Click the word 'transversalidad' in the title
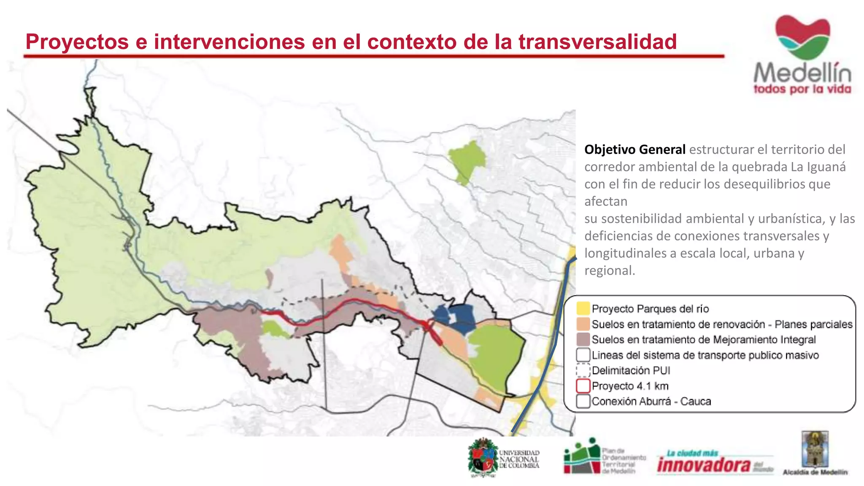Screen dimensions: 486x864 [x=597, y=42]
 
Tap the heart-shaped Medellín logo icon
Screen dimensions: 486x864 [x=802, y=37]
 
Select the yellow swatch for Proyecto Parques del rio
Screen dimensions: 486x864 [x=583, y=308]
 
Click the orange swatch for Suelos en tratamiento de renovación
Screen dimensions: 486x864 [x=583, y=324]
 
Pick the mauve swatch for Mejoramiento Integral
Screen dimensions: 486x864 [x=583, y=339]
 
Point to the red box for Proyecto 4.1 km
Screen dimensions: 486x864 [x=583, y=386]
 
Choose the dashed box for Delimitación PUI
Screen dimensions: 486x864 [x=583, y=370]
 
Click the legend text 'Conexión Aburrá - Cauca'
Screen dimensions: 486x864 [x=651, y=401]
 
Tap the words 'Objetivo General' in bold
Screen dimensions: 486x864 [x=634, y=149]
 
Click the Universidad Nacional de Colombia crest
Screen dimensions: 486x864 [x=483, y=458]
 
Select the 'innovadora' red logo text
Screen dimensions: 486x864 [x=704, y=465]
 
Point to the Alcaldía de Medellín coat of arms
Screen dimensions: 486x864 [x=815, y=449]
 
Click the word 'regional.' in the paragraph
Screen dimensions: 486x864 [x=610, y=270]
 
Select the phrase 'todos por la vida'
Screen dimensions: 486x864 [x=802, y=89]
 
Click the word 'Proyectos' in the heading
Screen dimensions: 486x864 [x=77, y=42]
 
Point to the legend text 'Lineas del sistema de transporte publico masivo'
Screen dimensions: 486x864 [x=705, y=355]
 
